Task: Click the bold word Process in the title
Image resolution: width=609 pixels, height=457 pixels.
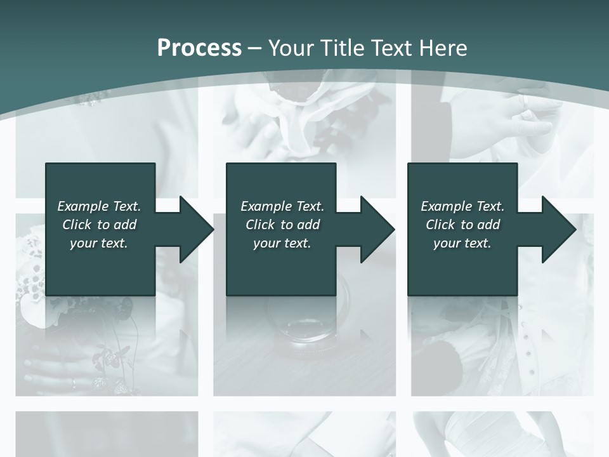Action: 199,48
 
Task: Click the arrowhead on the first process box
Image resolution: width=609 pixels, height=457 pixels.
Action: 195,229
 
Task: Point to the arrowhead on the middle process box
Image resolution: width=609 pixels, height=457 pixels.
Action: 377,229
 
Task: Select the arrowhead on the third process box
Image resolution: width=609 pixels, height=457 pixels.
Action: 558,229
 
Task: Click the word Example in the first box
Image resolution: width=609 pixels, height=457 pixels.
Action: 82,206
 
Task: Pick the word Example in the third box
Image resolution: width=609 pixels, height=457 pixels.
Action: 446,206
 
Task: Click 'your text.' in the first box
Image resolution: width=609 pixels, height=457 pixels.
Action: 99,243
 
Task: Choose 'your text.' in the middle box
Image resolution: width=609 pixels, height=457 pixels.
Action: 282,243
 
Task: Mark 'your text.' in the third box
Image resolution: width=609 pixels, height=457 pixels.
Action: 462,243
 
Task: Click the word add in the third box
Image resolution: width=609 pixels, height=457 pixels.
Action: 488,225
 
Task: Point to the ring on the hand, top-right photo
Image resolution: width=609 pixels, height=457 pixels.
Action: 525,100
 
